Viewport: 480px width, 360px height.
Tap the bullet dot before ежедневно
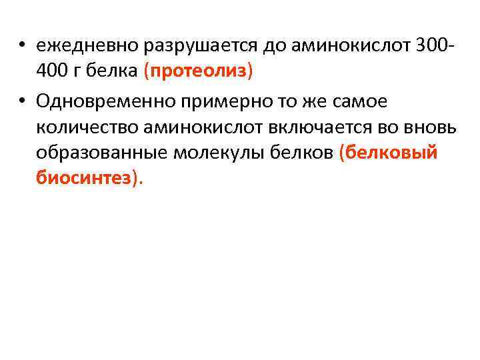22,47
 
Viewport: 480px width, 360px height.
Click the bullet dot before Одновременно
22,101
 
